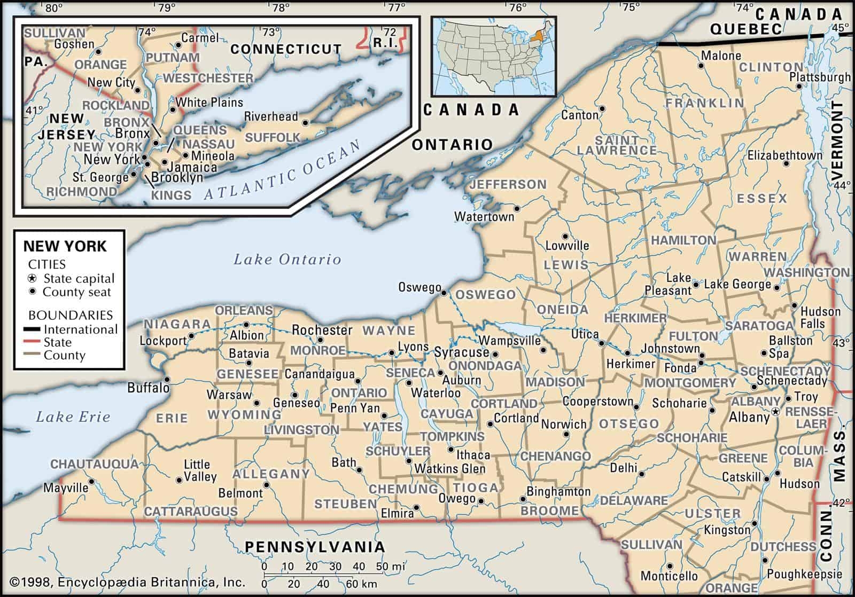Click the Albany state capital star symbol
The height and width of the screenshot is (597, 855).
[x=775, y=412]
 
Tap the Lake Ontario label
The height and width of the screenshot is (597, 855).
[x=287, y=260]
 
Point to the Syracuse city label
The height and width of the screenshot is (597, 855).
[x=461, y=352]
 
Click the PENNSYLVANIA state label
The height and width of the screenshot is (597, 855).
[x=315, y=546]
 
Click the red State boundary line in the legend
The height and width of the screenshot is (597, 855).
[x=33, y=343]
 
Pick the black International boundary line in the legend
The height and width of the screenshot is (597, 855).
[x=33, y=329]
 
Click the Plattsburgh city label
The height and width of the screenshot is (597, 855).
[x=820, y=77]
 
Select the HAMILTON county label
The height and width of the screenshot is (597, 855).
[x=683, y=240]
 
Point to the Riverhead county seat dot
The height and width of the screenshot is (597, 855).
[x=305, y=122]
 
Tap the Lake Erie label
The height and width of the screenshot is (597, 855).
[x=73, y=417]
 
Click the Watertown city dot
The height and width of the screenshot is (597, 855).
[x=517, y=208]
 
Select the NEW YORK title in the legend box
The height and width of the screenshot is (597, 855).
[x=65, y=246]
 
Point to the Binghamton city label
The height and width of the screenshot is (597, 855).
[x=558, y=491]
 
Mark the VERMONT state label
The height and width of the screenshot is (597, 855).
[x=836, y=141]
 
